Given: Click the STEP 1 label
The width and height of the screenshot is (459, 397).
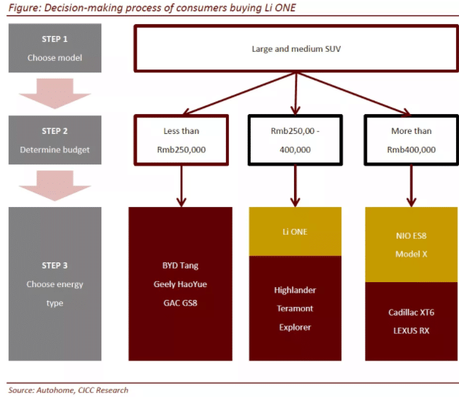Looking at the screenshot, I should pyautogui.click(x=55, y=40).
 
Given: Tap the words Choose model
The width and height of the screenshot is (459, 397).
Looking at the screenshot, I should pyautogui.click(x=55, y=58).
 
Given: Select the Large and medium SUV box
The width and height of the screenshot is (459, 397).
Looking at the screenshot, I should pyautogui.click(x=295, y=49).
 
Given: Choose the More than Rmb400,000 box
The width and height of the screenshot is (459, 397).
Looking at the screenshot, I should pyautogui.click(x=411, y=140).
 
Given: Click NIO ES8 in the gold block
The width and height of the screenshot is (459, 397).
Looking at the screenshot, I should pyautogui.click(x=411, y=235).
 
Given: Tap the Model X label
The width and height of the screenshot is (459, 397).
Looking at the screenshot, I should pyautogui.click(x=411, y=253).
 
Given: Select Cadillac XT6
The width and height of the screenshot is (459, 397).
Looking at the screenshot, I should pyautogui.click(x=411, y=313).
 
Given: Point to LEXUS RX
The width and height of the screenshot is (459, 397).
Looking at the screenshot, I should pyautogui.click(x=411, y=331).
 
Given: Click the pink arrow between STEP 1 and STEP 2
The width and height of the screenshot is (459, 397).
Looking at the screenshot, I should pyautogui.click(x=55, y=91).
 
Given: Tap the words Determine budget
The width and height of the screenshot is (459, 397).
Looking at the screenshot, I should pyautogui.click(x=55, y=150).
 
